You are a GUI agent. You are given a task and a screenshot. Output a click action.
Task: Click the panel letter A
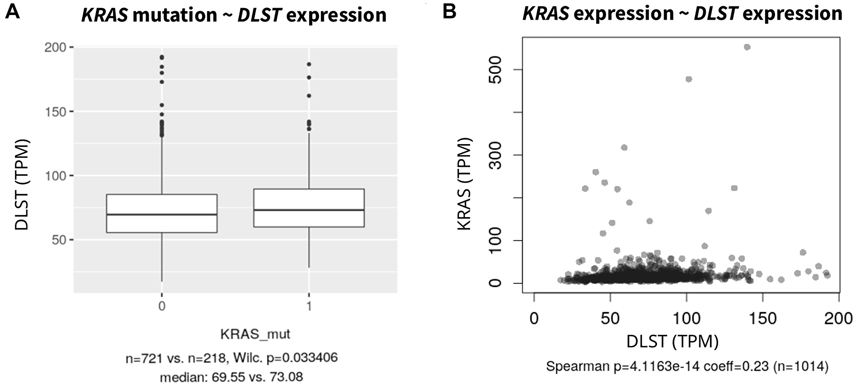(x=13, y=13)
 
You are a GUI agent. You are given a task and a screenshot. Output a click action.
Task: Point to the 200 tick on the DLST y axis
(x=56, y=47)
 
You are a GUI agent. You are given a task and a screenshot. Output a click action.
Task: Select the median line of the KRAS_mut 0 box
(x=162, y=215)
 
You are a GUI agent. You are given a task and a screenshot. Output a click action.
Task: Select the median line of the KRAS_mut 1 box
(x=309, y=210)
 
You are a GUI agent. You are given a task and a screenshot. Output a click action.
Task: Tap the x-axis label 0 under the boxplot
(x=162, y=306)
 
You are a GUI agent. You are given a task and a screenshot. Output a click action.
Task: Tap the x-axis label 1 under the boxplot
(x=309, y=306)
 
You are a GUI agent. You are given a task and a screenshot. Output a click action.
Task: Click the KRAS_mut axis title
(x=255, y=334)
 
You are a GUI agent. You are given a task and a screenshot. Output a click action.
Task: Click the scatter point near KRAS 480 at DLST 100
(x=689, y=79)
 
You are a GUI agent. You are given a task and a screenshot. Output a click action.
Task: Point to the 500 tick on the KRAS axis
(x=495, y=69)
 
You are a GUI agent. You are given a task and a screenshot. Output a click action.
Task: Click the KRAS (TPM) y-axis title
(x=464, y=184)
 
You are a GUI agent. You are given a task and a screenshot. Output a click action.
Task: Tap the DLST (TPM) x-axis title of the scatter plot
(x=672, y=341)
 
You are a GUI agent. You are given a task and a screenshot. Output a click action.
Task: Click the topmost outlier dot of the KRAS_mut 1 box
(x=309, y=64)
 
